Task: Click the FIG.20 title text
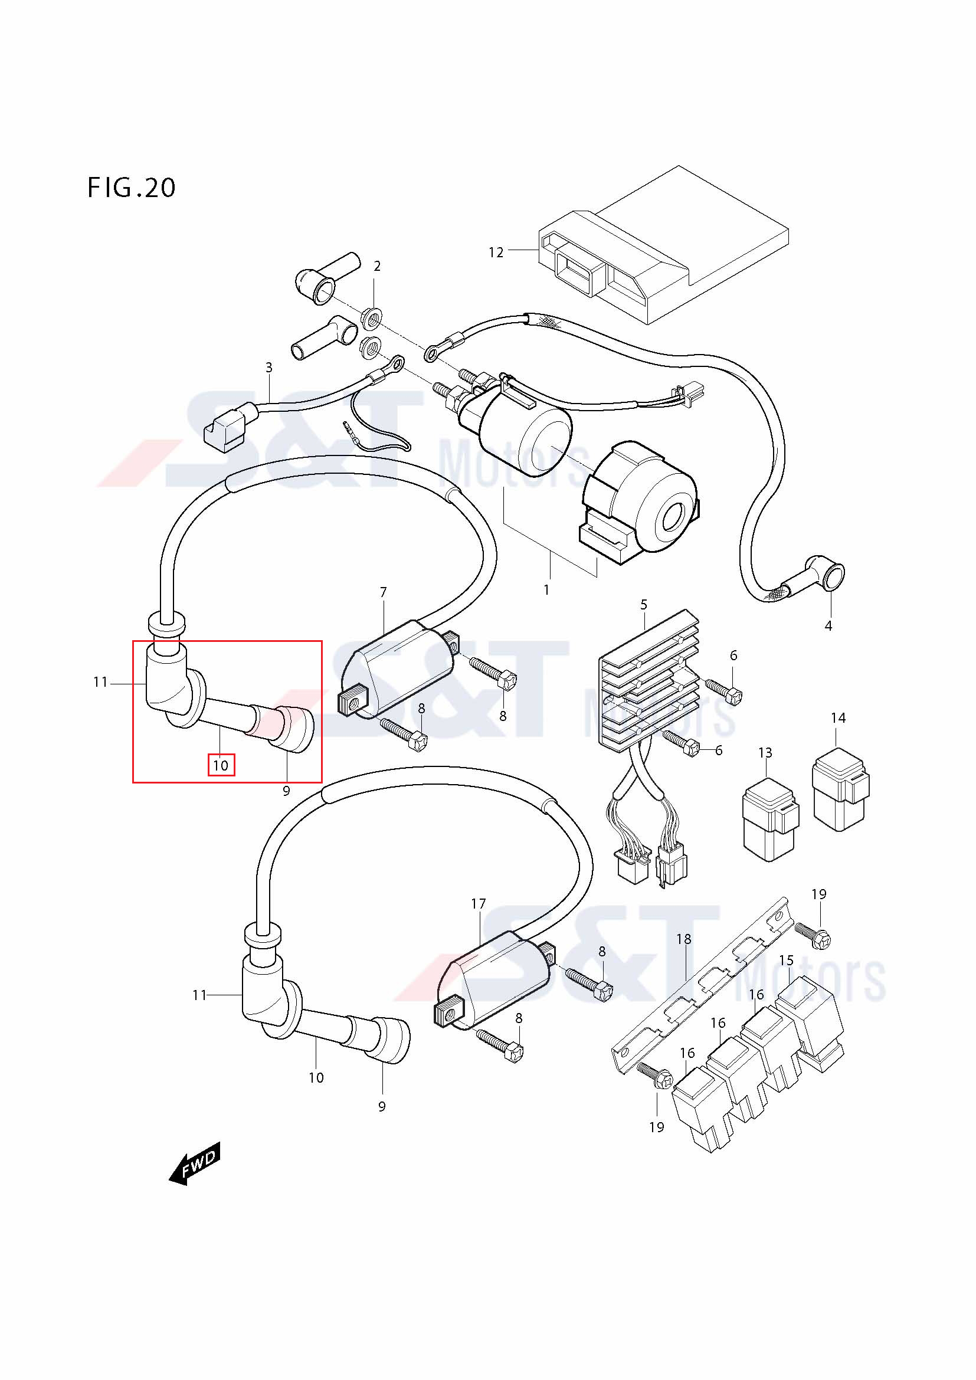pos(132,188)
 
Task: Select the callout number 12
pos(496,253)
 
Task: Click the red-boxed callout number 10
pos(221,765)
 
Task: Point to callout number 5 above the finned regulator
pos(644,605)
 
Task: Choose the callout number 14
pos(839,717)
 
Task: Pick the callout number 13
pos(765,752)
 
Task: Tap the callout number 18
pos(684,938)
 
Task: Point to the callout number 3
pos(268,367)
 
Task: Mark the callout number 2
pos(377,266)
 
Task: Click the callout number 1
pos(546,590)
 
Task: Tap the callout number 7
pos(384,592)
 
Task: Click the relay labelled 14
pos(841,789)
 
